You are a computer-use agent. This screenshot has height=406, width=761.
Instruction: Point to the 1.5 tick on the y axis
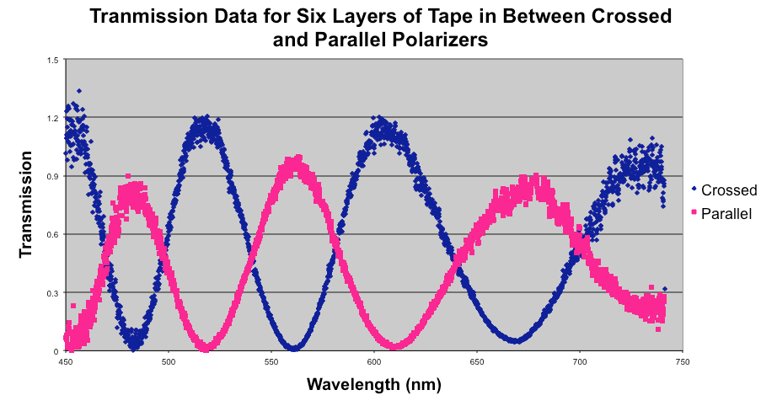click(x=53, y=60)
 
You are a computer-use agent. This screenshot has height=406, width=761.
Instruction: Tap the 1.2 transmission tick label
click(x=53, y=118)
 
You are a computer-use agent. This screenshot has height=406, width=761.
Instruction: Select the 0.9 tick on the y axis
click(x=53, y=176)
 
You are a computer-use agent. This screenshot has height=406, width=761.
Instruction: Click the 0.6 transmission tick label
click(x=53, y=234)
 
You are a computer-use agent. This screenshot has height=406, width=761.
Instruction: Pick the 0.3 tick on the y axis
click(x=53, y=292)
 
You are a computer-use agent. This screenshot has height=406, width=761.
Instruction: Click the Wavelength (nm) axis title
click(x=373, y=385)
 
